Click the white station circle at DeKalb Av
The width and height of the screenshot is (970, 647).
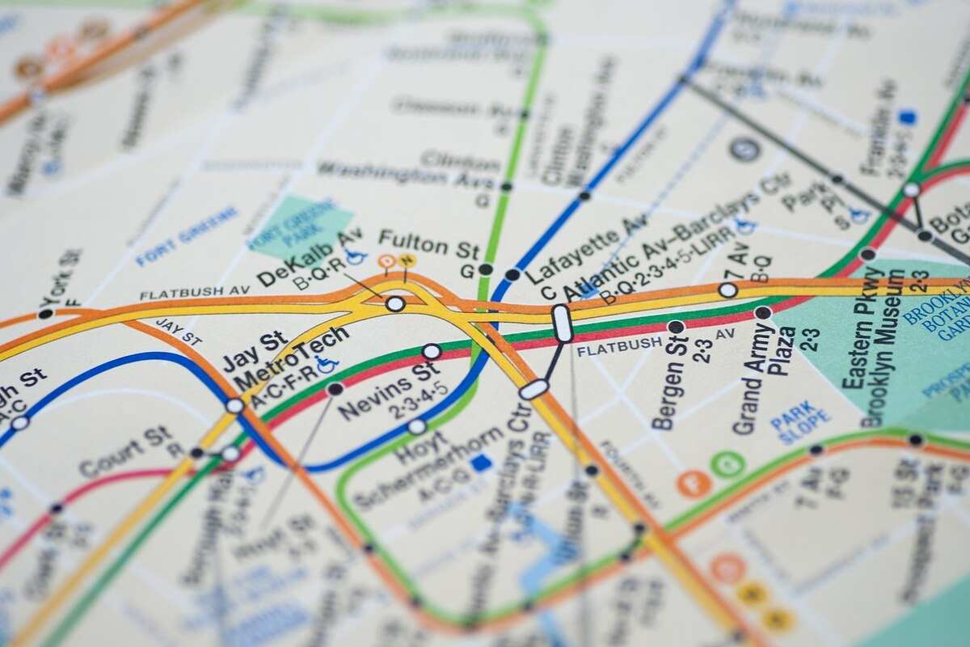(395, 304)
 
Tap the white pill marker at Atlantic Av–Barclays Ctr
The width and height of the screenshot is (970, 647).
(562, 323)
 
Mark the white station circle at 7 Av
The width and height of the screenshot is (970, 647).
(727, 290)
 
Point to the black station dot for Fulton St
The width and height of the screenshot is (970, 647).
(485, 269)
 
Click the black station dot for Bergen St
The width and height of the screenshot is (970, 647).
(676, 327)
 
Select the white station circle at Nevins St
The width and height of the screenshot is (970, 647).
(432, 352)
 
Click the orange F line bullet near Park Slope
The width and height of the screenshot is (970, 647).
(694, 483)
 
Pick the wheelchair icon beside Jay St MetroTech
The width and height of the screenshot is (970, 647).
(327, 366)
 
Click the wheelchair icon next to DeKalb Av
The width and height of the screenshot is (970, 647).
(356, 256)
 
